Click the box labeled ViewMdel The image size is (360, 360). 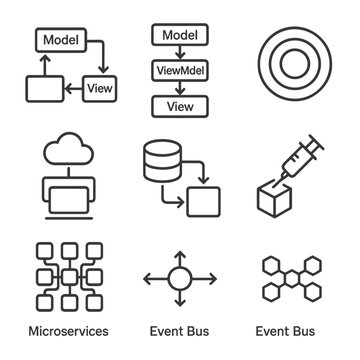coord(180,70)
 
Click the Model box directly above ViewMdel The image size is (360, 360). coord(180,35)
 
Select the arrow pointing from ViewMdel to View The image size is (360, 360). coord(180,88)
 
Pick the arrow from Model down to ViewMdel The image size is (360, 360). coord(180,52)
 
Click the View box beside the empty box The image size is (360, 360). coord(100,89)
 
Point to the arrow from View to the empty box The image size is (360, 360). coord(73,89)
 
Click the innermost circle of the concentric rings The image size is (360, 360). coord(293,64)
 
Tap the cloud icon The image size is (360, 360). coord(69,149)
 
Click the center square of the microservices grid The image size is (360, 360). coord(69,277)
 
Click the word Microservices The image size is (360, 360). coord(69,331)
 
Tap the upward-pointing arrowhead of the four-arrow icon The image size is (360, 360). coord(180,255)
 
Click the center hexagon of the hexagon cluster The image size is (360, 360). coord(292,278)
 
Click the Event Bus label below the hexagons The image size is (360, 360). coord(285,331)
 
